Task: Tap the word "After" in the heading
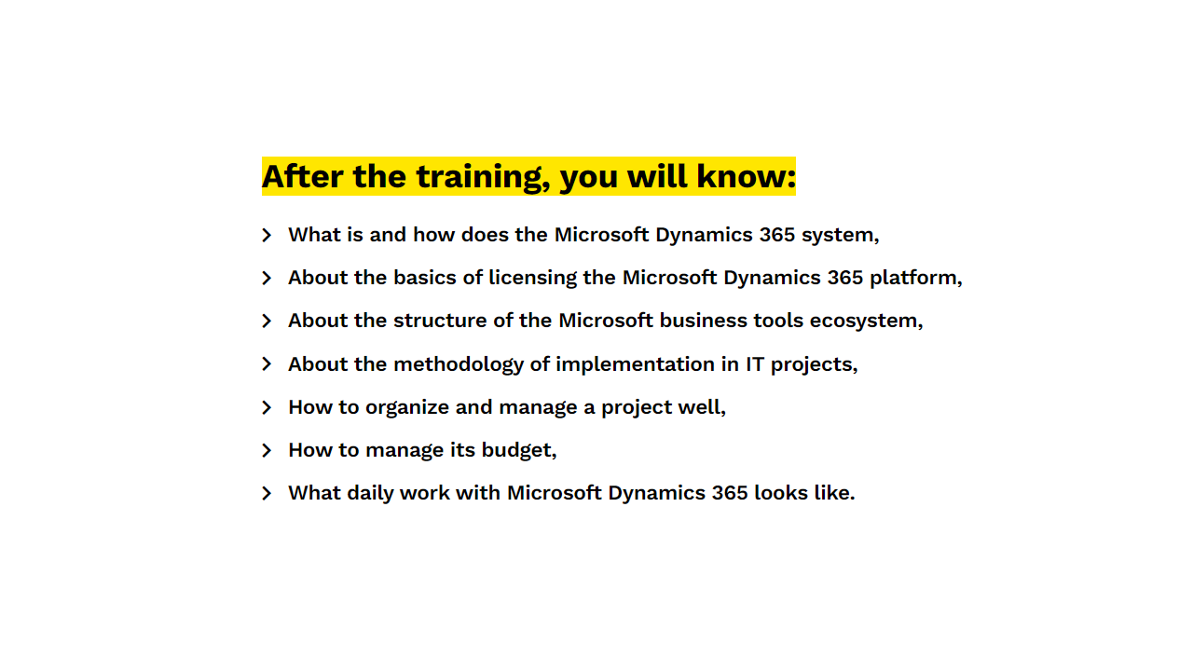pyautogui.click(x=302, y=176)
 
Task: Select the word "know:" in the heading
pyautogui.click(x=747, y=176)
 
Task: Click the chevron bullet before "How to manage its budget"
pyautogui.click(x=267, y=450)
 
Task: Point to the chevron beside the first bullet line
pyautogui.click(x=267, y=235)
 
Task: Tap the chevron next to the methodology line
pyautogui.click(x=267, y=364)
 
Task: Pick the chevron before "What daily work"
pyautogui.click(x=267, y=493)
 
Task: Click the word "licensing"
pyautogui.click(x=532, y=279)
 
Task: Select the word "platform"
pyautogui.click(x=914, y=279)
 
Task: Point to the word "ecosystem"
pyautogui.click(x=864, y=322)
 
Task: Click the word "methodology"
pyautogui.click(x=459, y=365)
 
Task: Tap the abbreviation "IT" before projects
pyautogui.click(x=755, y=364)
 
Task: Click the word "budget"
pyautogui.click(x=516, y=451)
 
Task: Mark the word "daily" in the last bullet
pyautogui.click(x=370, y=494)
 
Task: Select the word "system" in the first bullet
pyautogui.click(x=838, y=236)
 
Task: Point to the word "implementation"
pyautogui.click(x=636, y=364)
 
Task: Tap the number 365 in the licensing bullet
pyautogui.click(x=844, y=278)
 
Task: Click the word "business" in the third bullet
pyautogui.click(x=703, y=321)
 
